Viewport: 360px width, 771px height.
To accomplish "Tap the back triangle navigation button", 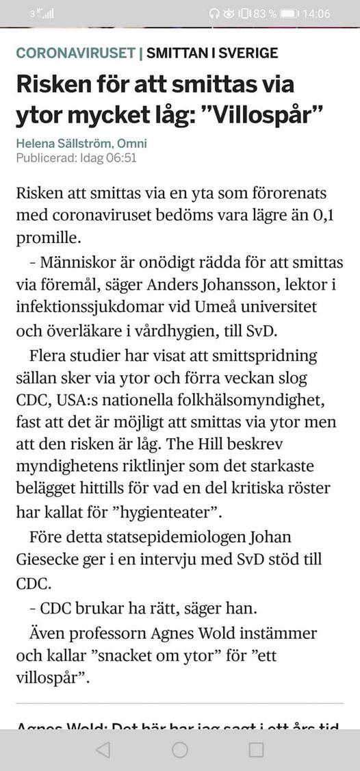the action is click(103, 750).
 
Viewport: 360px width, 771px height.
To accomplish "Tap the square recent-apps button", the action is click(256, 750).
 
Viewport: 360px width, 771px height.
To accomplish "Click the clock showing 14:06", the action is click(316, 14).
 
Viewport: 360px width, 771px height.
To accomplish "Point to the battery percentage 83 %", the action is click(264, 14).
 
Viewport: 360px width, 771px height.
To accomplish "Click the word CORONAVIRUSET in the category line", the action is click(75, 53).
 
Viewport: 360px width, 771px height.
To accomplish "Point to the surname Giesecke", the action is click(47, 559).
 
